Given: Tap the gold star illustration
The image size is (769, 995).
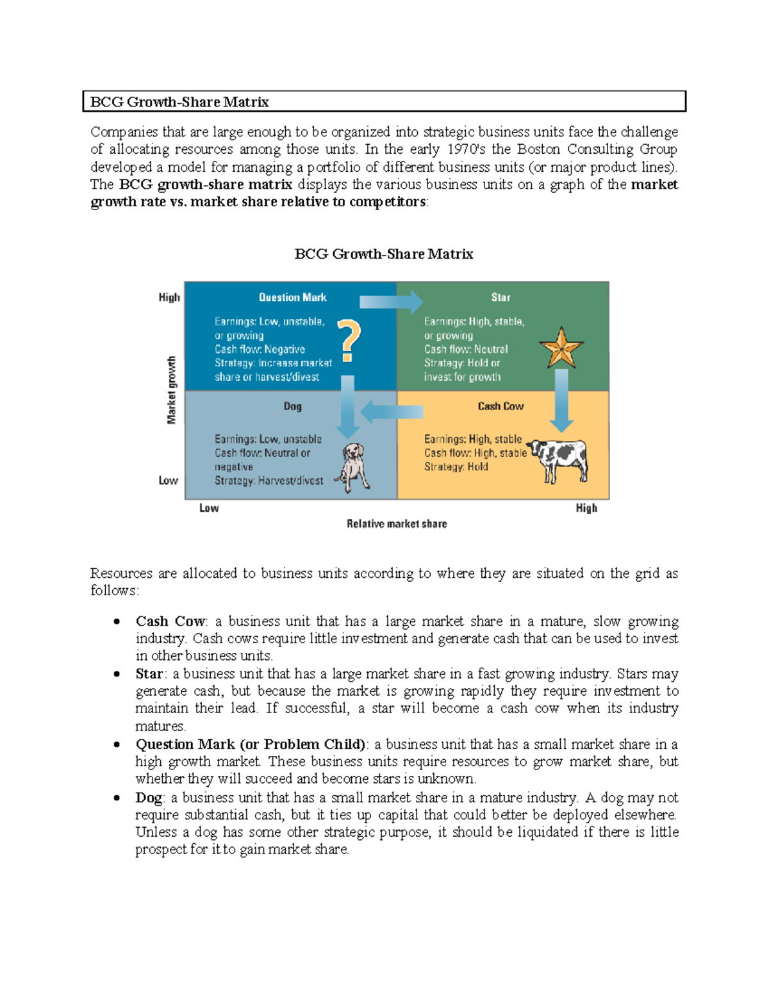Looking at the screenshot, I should click(561, 348).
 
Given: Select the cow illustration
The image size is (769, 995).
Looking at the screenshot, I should click(559, 459).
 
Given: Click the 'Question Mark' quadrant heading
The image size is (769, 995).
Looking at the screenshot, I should click(292, 297).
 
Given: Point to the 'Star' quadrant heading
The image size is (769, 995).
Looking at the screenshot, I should click(500, 297).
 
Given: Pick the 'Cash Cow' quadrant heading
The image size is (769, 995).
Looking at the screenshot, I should click(500, 406).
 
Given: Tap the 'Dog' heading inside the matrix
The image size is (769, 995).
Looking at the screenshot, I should click(292, 406).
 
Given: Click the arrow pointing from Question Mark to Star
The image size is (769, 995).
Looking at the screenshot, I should click(391, 301).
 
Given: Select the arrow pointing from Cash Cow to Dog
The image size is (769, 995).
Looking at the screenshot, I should click(392, 411).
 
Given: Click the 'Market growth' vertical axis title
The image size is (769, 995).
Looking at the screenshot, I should click(171, 390).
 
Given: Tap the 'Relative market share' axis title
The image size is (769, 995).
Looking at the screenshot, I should click(397, 523).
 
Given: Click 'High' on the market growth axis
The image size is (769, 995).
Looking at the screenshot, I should click(169, 297).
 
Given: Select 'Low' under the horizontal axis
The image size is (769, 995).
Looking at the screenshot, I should click(209, 508).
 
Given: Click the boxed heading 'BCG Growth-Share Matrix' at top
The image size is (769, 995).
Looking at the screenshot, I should click(179, 102).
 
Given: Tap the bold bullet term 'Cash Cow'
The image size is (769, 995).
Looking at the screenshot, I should click(170, 621).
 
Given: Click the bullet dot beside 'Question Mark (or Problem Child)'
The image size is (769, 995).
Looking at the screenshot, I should click(117, 744).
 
